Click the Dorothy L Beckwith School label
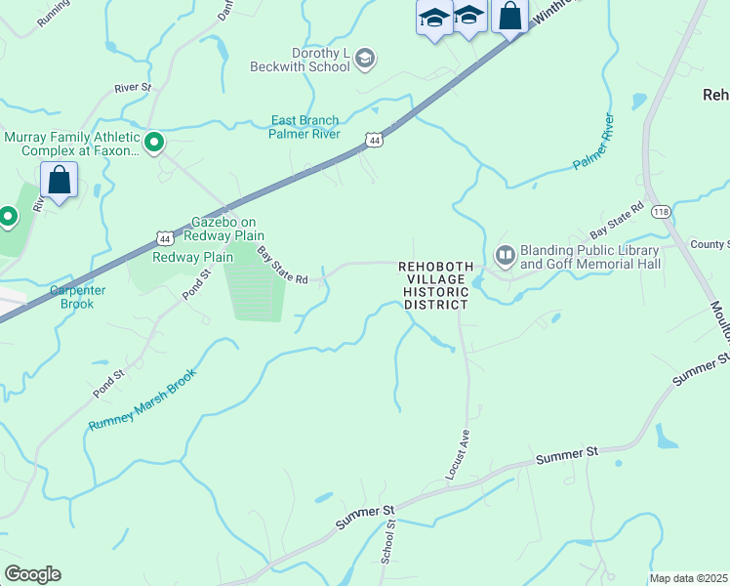click(321, 60)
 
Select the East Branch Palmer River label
click(304, 127)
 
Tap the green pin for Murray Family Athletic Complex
click(154, 144)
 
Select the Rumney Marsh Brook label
click(142, 398)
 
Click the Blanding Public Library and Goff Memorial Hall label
click(590, 257)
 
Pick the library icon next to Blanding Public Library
click(506, 256)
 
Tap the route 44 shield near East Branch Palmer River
click(374, 142)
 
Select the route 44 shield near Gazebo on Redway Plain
click(165, 238)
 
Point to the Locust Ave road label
click(458, 454)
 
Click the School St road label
click(390, 540)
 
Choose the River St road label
click(134, 88)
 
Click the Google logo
click(32, 574)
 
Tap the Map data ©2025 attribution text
click(688, 578)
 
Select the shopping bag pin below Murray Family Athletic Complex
click(60, 181)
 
